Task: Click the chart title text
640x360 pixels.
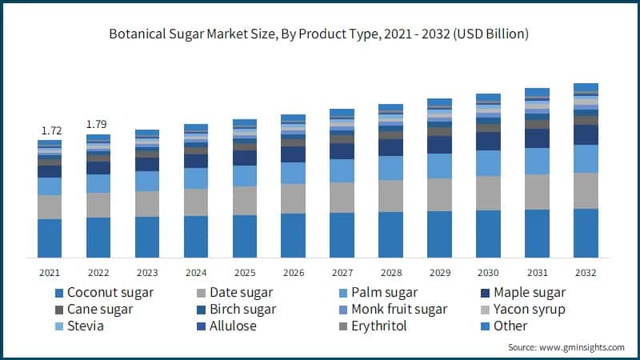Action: point(320,34)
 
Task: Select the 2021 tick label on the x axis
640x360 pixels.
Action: point(50,273)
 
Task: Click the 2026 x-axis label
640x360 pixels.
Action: point(293,273)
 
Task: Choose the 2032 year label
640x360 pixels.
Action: point(586,273)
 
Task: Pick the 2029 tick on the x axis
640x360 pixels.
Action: point(439,273)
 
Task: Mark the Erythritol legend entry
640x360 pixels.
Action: point(373,326)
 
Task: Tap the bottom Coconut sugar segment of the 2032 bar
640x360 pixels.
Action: point(586,233)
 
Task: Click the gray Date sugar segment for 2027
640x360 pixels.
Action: point(342,197)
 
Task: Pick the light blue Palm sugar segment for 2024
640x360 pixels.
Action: point(196,178)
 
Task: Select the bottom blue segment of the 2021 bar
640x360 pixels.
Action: point(50,238)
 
